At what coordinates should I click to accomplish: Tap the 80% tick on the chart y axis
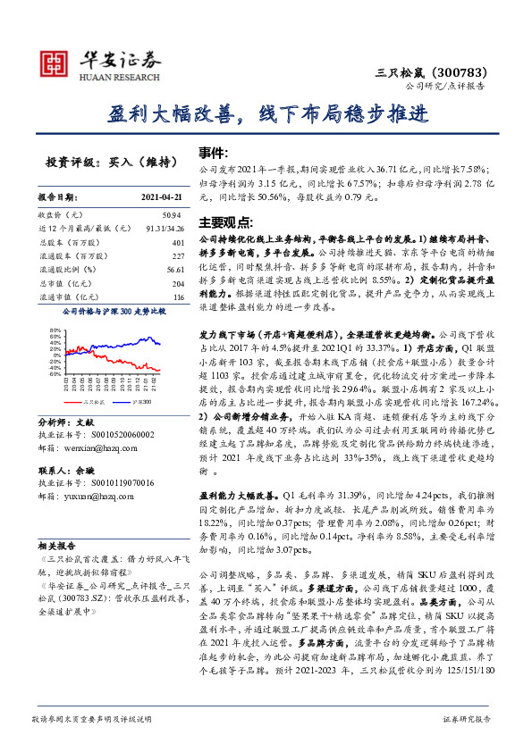[x=55, y=330]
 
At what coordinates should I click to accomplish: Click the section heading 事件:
[x=213, y=153]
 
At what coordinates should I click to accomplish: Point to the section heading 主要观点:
[x=222, y=221]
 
